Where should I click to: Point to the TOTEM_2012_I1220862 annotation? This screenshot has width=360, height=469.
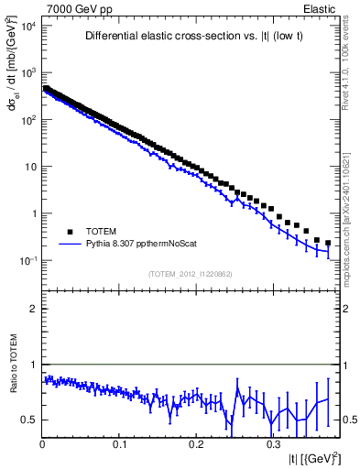tap(191, 274)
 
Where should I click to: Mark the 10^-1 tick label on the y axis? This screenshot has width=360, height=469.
tap(25, 261)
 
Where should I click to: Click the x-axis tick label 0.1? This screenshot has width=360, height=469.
tap(119, 443)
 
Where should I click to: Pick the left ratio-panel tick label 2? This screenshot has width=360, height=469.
tap(33, 309)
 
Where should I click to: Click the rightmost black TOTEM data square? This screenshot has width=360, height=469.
tap(328, 243)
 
